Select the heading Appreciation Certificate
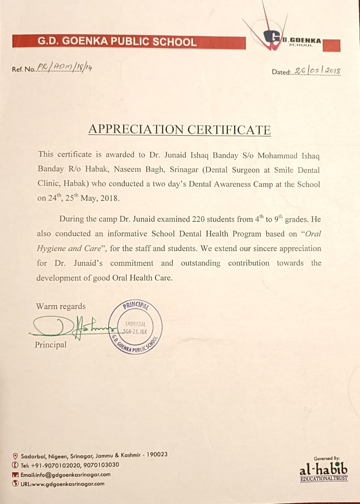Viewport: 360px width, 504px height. tap(179, 130)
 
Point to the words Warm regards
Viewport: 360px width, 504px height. tap(61, 306)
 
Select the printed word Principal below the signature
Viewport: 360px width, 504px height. tap(50, 345)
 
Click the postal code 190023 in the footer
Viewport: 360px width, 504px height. tap(157, 454)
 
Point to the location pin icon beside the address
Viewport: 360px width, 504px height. tap(15, 456)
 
